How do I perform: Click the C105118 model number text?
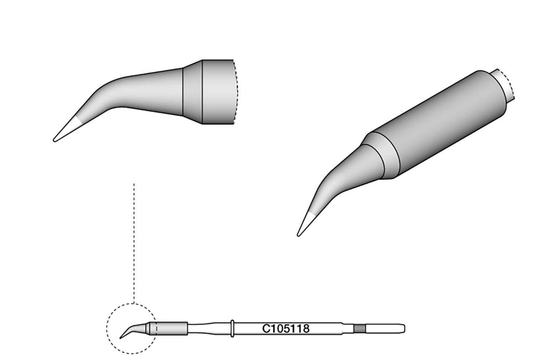coord(286,329)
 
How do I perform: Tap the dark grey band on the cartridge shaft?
coord(359,328)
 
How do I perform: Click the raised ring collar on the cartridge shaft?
coord(232,328)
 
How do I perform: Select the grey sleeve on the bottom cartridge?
coord(172,328)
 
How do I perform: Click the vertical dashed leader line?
coord(134,243)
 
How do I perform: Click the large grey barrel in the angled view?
coord(440,126)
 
